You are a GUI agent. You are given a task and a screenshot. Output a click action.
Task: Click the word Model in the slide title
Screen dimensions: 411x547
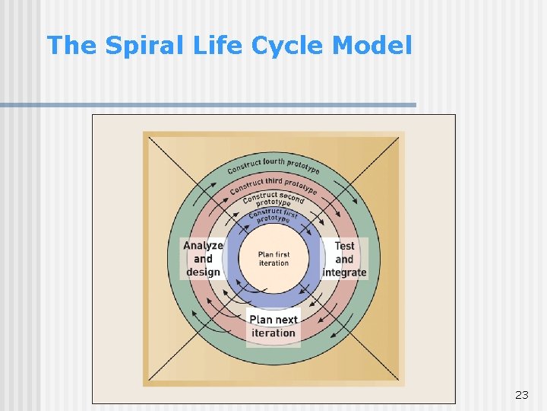[x=372, y=46]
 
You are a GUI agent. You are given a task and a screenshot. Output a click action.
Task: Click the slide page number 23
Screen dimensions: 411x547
[x=521, y=394]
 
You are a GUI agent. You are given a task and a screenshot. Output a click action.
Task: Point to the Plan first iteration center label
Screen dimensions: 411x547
[x=273, y=259]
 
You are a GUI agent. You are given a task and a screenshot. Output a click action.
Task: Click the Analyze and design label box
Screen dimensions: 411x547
[x=203, y=259]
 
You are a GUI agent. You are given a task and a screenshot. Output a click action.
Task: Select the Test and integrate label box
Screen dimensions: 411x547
[x=344, y=259]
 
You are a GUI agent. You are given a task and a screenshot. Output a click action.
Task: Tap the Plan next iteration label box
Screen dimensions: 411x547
[x=273, y=326]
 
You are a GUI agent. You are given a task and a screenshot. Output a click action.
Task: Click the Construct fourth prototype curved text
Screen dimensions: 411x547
[x=273, y=164]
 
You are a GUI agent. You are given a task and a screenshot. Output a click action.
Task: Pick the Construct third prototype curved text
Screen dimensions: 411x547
[x=273, y=184]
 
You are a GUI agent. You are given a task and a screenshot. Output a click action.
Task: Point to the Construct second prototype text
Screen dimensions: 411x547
[x=273, y=199]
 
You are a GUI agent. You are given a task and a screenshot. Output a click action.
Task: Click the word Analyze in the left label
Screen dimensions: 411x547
[x=203, y=246]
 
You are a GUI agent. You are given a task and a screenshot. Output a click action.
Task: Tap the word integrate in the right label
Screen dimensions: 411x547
[x=344, y=272]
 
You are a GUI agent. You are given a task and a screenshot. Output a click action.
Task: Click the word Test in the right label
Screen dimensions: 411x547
[x=344, y=246]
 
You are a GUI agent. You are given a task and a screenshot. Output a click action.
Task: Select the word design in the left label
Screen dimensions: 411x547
[x=203, y=272]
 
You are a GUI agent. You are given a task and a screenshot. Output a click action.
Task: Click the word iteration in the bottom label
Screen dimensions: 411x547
[x=273, y=333]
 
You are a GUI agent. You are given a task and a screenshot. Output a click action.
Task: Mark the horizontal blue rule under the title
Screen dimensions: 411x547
[x=208, y=105]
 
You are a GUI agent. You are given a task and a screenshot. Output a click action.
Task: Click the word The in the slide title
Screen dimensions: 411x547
[x=72, y=46]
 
